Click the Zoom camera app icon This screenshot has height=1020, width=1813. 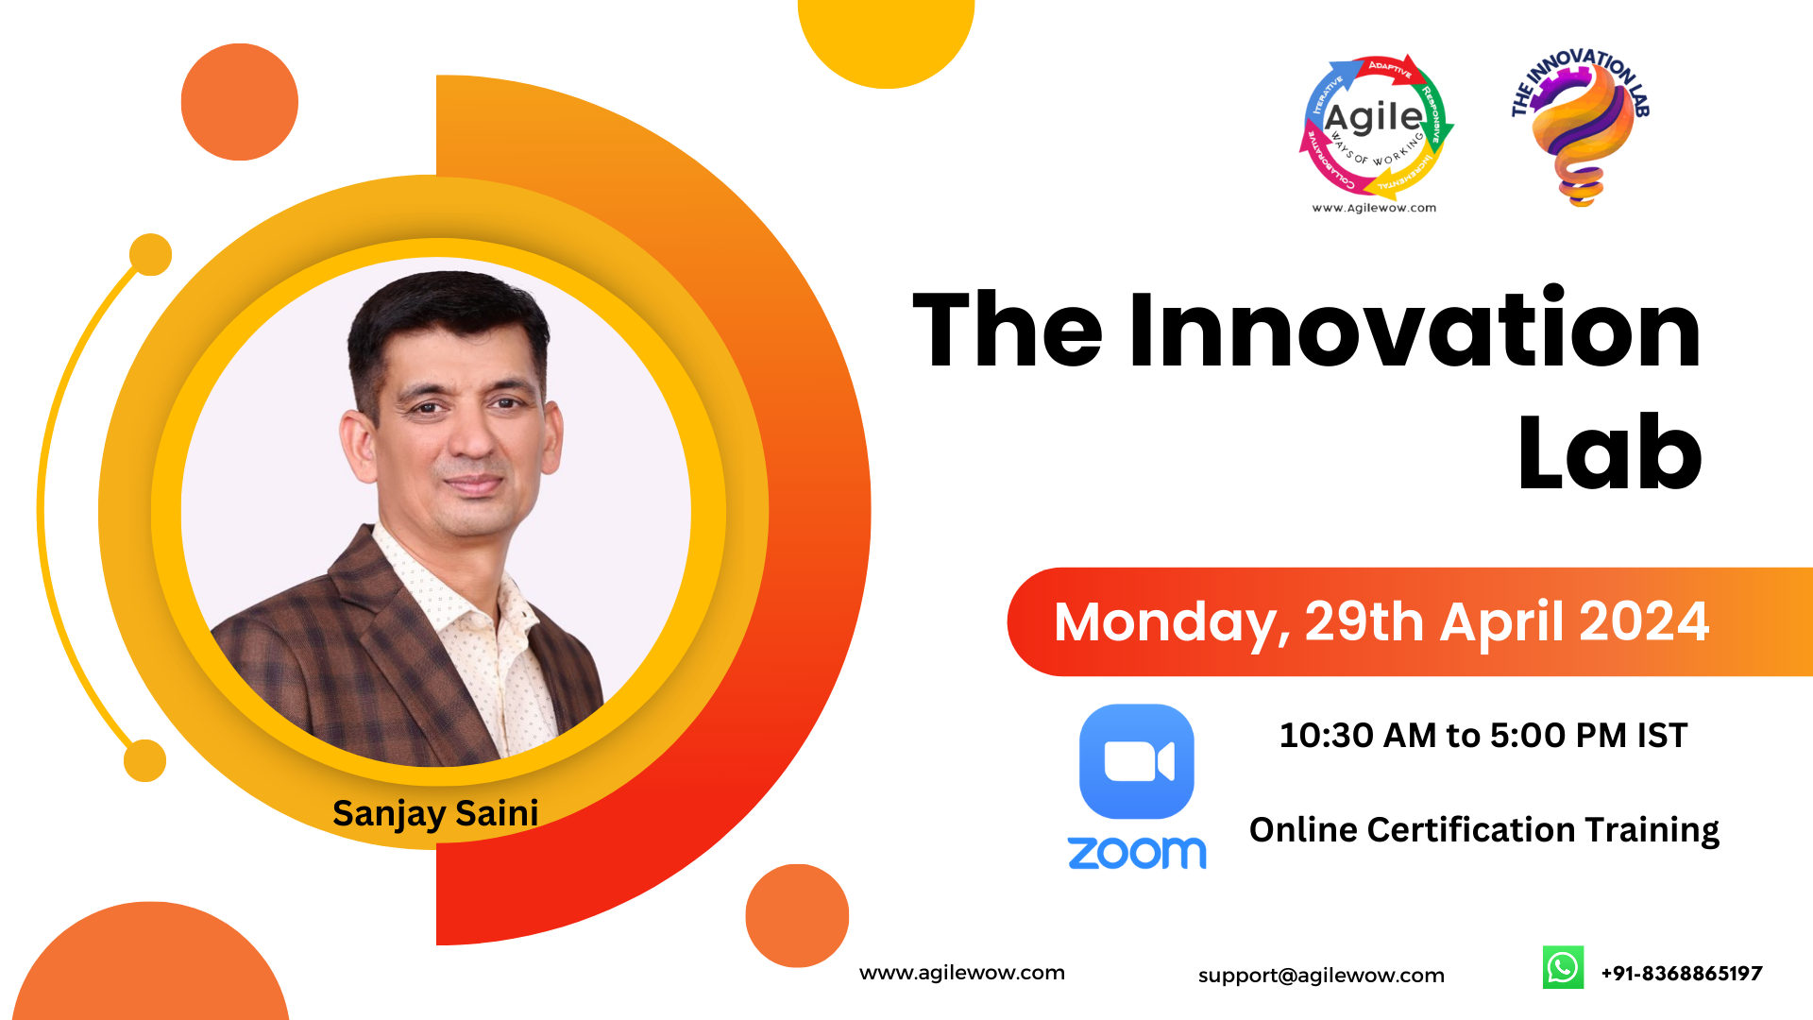pyautogui.click(x=1136, y=761)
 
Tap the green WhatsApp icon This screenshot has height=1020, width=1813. pyautogui.click(x=1563, y=968)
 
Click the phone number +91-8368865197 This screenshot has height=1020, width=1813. pyautogui.click(x=1682, y=974)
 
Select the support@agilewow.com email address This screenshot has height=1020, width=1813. pyautogui.click(x=1321, y=976)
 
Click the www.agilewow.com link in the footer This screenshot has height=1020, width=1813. pyautogui.click(x=962, y=973)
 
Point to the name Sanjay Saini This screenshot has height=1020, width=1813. pyautogui.click(x=435, y=813)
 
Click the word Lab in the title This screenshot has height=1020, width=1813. pyautogui.click(x=1610, y=453)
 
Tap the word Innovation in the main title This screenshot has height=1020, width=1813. pyautogui.click(x=1415, y=330)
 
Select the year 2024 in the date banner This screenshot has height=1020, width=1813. pyautogui.click(x=1644, y=621)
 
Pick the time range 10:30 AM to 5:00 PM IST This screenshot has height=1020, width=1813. pyautogui.click(x=1483, y=736)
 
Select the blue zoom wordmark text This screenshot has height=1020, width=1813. pyautogui.click(x=1137, y=853)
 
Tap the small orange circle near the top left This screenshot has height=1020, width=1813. pyautogui.click(x=240, y=102)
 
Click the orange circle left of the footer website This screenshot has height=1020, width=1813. pyautogui.click(x=797, y=915)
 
